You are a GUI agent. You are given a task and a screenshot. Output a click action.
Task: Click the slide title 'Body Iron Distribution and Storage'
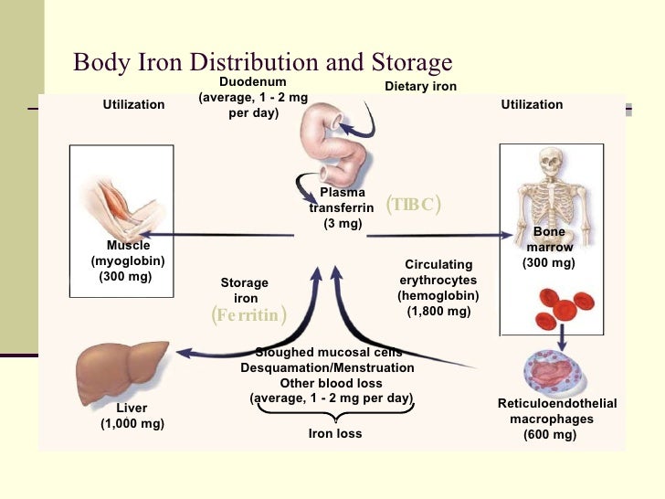(x=262, y=62)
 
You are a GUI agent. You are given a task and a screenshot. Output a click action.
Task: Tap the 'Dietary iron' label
(x=419, y=87)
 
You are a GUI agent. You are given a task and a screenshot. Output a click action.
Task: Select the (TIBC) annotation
(x=413, y=204)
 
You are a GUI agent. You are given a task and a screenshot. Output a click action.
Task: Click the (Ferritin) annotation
(x=248, y=316)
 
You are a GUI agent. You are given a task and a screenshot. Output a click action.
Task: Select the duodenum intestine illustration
(x=334, y=138)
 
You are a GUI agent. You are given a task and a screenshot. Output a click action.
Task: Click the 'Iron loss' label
(x=335, y=433)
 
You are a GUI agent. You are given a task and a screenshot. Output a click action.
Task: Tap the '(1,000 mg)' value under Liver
(x=132, y=424)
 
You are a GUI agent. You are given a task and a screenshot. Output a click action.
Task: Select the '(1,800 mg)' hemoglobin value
(x=438, y=311)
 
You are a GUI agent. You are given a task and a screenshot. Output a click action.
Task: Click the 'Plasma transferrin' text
(x=342, y=201)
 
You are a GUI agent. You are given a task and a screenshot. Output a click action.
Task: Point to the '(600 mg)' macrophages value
(x=550, y=435)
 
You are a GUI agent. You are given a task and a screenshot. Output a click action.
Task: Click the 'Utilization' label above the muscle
(x=133, y=105)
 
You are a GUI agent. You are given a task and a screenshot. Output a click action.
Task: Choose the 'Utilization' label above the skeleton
(x=532, y=105)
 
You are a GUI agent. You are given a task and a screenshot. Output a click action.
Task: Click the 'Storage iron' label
(x=245, y=291)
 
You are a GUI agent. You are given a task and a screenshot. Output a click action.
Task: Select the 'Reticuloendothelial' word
(x=556, y=404)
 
